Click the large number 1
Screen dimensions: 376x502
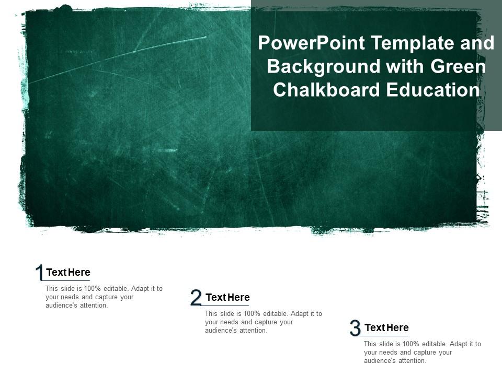pos(39,273)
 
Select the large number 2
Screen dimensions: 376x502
pos(196,298)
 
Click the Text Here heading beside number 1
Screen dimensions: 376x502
pos(68,272)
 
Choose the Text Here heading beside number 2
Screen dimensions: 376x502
pos(227,297)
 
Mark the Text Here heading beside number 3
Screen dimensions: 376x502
pos(386,327)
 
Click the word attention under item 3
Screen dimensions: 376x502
pos(412,361)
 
